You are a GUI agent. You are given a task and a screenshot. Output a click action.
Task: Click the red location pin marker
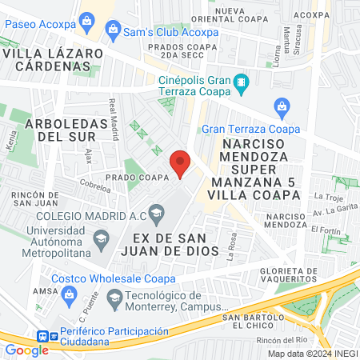coord(181,163)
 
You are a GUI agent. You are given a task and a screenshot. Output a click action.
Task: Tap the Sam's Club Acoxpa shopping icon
coord(113,34)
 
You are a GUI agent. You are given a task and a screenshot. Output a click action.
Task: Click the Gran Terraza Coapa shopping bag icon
coord(281,106)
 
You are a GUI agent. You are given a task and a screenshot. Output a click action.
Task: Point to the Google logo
coord(26,350)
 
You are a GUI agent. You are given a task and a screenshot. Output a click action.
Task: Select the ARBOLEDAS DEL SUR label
coord(66,130)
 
